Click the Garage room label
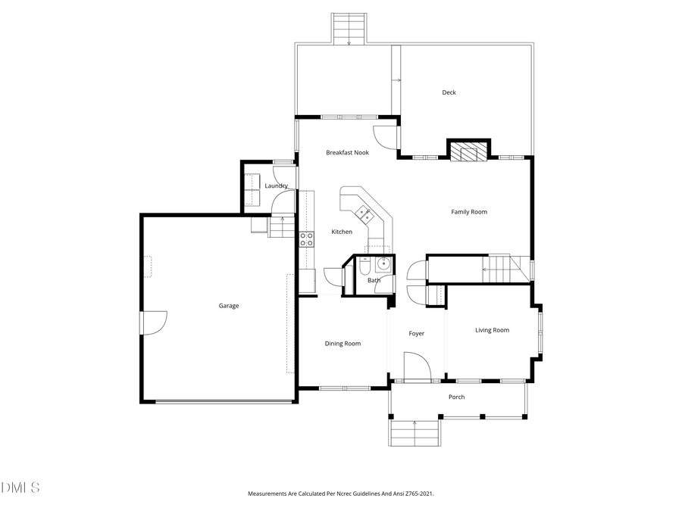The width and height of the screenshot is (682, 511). tap(229, 306)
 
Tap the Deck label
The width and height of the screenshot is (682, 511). tap(449, 92)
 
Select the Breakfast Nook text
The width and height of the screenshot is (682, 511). tap(347, 152)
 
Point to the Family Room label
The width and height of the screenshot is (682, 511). tap(469, 212)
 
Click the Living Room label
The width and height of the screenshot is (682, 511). tap(492, 330)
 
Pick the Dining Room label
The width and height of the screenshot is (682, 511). tap(343, 344)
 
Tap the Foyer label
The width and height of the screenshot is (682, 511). tap(417, 333)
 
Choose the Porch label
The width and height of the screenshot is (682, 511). tap(456, 397)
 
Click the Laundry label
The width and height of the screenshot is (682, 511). tap(276, 185)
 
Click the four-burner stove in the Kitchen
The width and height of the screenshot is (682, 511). tap(307, 239)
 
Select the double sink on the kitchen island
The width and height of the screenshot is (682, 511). tap(364, 213)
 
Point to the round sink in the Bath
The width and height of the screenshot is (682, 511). tap(384, 264)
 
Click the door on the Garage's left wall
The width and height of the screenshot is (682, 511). tap(152, 322)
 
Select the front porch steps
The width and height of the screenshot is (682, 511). tap(415, 433)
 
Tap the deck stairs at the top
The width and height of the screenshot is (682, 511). tap(349, 28)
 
